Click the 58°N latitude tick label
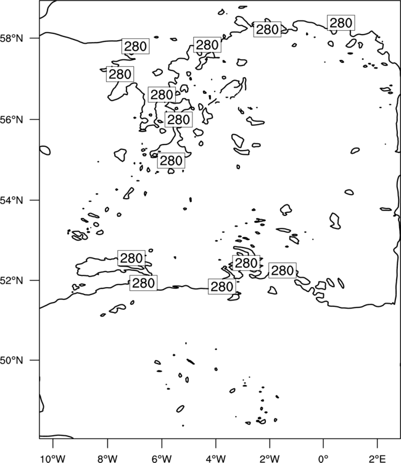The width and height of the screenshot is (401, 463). pyautogui.click(x=12, y=38)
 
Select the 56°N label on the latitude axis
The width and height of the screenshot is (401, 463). pyautogui.click(x=12, y=120)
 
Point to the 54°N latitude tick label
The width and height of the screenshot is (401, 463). pyautogui.click(x=12, y=201)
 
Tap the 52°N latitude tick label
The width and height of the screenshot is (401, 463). pyautogui.click(x=12, y=280)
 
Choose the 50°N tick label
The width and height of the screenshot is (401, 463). pyautogui.click(x=12, y=361)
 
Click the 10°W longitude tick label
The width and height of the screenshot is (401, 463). pyautogui.click(x=53, y=459)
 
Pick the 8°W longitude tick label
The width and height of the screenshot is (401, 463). pyautogui.click(x=107, y=459)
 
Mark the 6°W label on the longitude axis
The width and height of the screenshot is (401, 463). pyautogui.click(x=162, y=459)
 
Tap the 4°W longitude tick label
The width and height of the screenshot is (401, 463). pyautogui.click(x=215, y=459)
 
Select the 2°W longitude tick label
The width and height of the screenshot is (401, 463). pyautogui.click(x=270, y=459)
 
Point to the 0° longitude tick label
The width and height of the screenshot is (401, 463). pyautogui.click(x=323, y=459)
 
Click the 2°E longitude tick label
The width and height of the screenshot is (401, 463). pyautogui.click(x=378, y=459)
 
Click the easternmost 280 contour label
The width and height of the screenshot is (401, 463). pyautogui.click(x=341, y=23)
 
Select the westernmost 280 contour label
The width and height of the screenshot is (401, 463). pyautogui.click(x=120, y=74)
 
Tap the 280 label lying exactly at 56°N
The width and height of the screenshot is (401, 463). pyautogui.click(x=178, y=120)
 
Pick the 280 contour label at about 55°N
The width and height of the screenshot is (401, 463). pyautogui.click(x=171, y=161)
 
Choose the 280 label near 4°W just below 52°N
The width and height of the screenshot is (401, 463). pyautogui.click(x=222, y=286)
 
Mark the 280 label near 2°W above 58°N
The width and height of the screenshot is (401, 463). pyautogui.click(x=267, y=29)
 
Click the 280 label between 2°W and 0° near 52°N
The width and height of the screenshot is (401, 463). pyautogui.click(x=283, y=270)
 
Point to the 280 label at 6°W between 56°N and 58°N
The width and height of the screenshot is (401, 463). pyautogui.click(x=162, y=95)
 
